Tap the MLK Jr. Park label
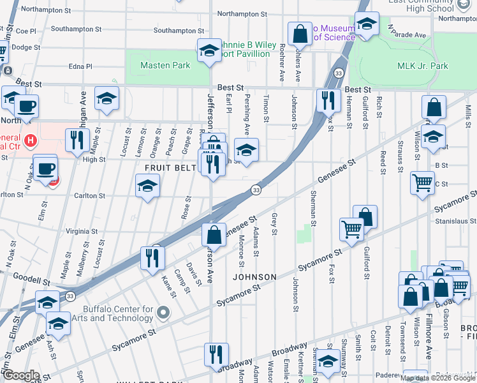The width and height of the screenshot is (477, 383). tap(423, 66)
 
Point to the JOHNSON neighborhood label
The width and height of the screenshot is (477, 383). tap(254, 277)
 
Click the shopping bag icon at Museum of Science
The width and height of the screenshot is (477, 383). tap(299, 33)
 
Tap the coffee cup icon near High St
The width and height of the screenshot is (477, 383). tap(45, 169)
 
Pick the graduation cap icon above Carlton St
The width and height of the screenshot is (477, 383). tap(147, 186)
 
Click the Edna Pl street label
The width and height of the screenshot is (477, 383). tap(80, 66)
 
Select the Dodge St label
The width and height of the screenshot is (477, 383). tap(26, 47)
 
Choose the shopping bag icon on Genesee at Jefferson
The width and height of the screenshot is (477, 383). tap(215, 234)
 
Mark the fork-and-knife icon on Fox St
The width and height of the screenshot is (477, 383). tap(326, 100)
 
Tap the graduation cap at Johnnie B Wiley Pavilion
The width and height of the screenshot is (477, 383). tap(209, 50)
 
